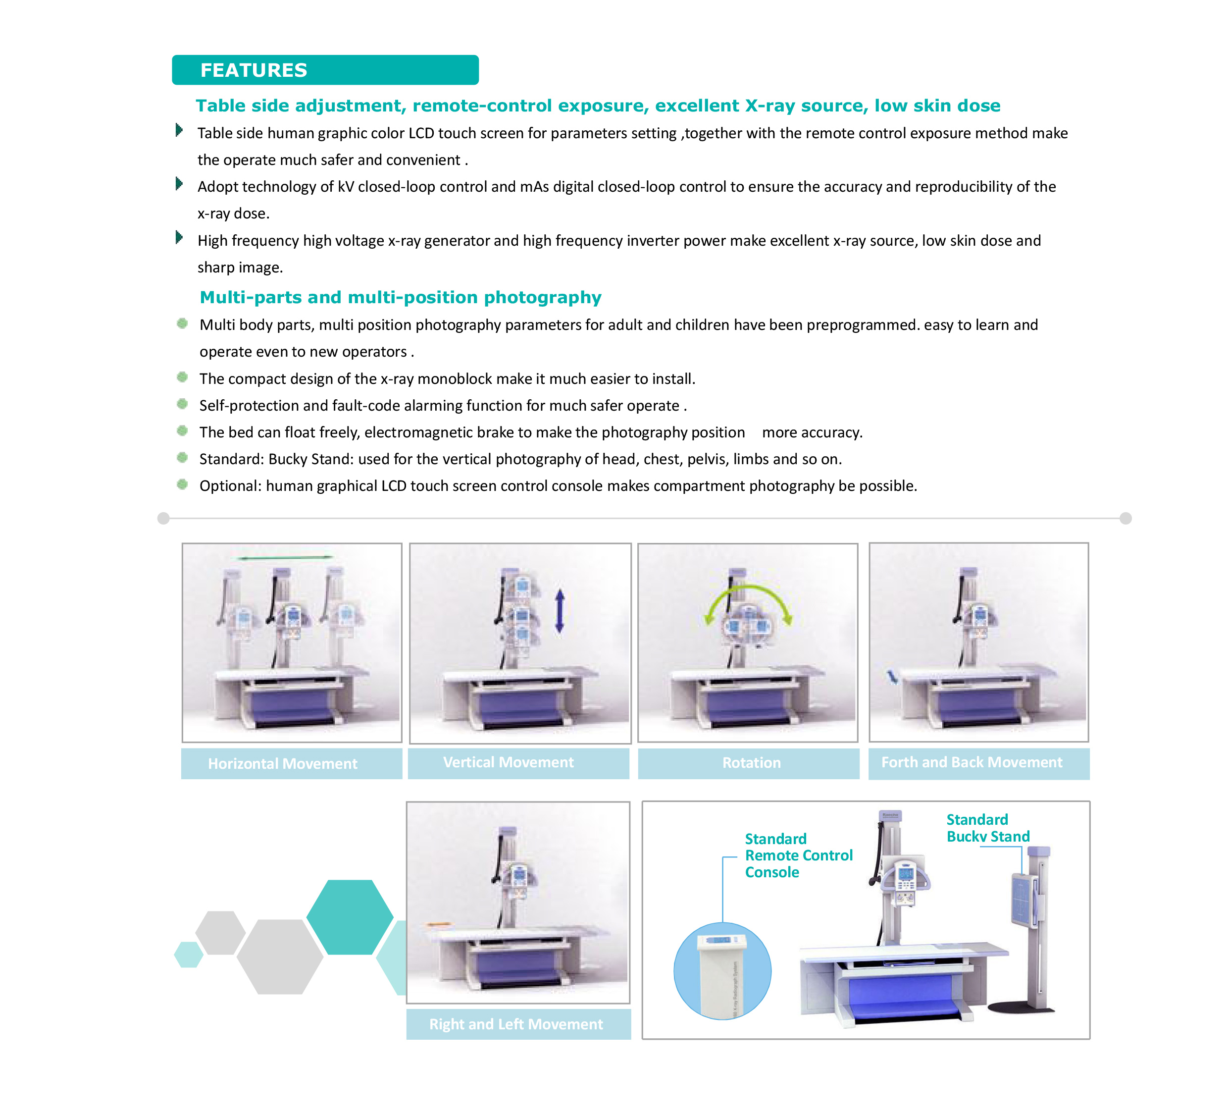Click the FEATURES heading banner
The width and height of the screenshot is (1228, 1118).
pos(325,70)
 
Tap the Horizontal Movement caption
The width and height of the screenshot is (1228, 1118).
pos(283,763)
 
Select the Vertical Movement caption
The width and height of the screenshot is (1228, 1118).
pos(509,762)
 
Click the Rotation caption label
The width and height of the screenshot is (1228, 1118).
pos(751,763)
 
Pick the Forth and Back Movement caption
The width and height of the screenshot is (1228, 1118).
pos(972,762)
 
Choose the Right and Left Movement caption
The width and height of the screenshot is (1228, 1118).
pos(516,1024)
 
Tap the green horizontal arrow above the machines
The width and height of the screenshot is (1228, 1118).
pos(286,557)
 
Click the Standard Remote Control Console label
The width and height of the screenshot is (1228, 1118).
pos(798,855)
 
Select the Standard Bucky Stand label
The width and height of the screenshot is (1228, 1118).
pos(987,828)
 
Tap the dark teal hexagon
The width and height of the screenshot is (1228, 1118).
pos(350,917)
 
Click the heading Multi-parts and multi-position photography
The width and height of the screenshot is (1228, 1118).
pos(400,297)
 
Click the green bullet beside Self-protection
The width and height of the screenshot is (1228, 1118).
pos(182,403)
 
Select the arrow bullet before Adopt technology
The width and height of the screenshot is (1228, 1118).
pos(179,183)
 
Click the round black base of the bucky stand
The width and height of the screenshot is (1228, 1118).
pos(1021,1009)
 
